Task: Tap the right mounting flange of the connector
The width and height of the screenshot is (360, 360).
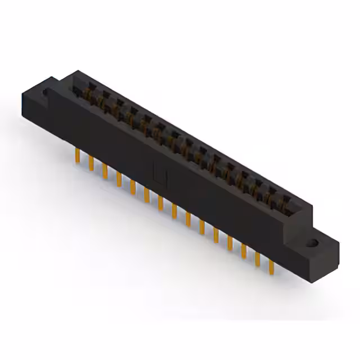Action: click(x=315, y=247)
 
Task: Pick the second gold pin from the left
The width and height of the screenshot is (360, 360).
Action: click(x=91, y=164)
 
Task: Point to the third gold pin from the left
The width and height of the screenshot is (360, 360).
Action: click(x=105, y=171)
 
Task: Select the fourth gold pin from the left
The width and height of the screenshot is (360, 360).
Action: click(x=119, y=179)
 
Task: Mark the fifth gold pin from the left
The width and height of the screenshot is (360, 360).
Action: click(x=133, y=186)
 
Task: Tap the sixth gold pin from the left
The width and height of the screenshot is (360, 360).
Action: click(x=147, y=194)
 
